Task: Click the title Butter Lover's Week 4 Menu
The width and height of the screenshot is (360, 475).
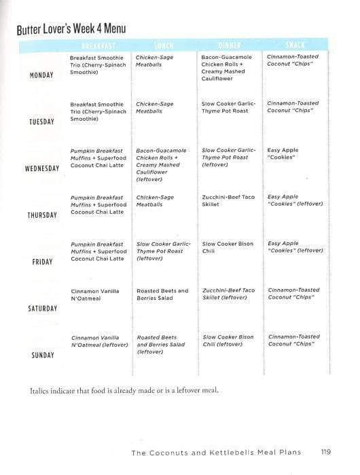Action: [x=71, y=31]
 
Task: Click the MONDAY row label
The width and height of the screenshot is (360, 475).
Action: [x=42, y=75]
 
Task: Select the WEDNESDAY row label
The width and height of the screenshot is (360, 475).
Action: [x=42, y=168]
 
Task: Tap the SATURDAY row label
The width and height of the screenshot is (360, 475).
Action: [x=42, y=309]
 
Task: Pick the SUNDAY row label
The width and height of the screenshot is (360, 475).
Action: [x=42, y=355]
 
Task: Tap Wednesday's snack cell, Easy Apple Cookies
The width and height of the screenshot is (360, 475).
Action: [x=283, y=155]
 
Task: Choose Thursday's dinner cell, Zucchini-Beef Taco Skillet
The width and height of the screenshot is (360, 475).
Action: [x=228, y=201]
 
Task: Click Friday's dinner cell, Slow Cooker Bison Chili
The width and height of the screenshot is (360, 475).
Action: [x=228, y=248]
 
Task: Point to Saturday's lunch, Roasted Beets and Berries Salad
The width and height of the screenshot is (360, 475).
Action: [x=163, y=295]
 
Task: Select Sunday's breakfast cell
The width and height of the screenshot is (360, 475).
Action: [x=100, y=341]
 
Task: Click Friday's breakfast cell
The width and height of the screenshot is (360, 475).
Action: [x=98, y=251]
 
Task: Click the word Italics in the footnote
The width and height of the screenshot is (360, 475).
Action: [x=41, y=392]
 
